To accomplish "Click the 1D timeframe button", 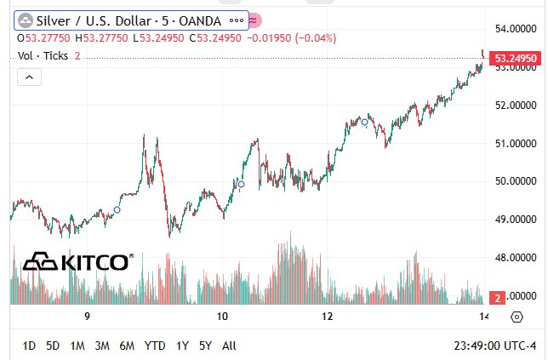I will tap(29, 346).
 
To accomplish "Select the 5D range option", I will tap(53, 346).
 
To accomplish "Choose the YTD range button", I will tap(155, 346).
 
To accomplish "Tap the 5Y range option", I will tap(205, 346).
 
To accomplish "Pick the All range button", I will tap(228, 346).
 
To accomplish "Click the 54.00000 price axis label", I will tap(515, 29).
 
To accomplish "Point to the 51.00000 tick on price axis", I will tap(515, 143).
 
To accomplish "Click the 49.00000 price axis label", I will tap(515, 219).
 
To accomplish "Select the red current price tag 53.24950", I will tap(515, 58).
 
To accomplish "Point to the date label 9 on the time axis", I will tap(88, 317).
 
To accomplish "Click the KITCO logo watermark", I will tap(77, 261).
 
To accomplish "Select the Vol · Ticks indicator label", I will tap(44, 55).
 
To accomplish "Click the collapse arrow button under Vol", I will tap(28, 77).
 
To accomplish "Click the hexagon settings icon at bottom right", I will tap(517, 317).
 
